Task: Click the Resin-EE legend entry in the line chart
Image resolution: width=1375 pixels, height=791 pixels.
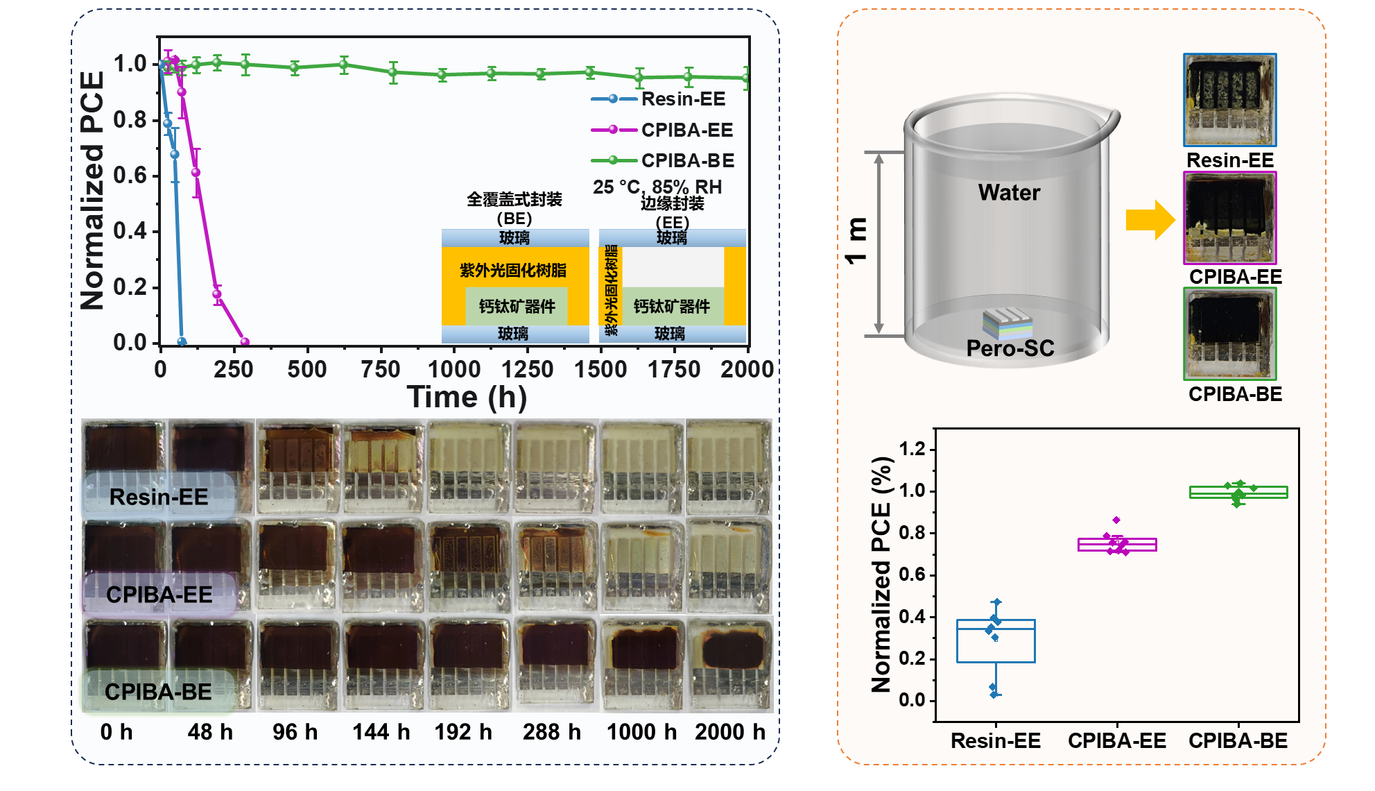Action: (682, 99)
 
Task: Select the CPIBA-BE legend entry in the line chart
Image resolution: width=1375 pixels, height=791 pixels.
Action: (686, 160)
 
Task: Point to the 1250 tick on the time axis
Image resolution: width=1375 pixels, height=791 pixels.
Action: (527, 368)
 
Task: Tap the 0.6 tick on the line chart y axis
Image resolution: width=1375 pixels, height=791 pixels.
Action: (130, 175)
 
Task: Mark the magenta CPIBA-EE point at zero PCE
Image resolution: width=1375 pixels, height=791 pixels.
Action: (244, 341)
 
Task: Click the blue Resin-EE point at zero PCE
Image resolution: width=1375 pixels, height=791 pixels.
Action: (182, 341)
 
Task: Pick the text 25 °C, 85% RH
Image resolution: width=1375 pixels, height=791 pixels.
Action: (657, 187)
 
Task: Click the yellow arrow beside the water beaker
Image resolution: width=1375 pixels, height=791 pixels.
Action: (1150, 220)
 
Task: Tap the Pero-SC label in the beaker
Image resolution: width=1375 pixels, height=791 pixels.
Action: (1010, 348)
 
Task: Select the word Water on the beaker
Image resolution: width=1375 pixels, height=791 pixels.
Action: (1009, 192)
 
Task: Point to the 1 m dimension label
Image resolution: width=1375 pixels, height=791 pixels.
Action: (857, 240)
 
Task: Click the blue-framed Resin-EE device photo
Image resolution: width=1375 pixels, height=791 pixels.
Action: (1229, 100)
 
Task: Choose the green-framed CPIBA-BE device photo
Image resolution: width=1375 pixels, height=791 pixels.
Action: (1229, 334)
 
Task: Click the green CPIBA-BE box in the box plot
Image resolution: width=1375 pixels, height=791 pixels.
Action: (1238, 492)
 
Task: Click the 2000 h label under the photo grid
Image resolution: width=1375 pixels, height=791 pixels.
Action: (729, 732)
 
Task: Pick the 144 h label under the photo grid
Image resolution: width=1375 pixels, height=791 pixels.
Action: (381, 732)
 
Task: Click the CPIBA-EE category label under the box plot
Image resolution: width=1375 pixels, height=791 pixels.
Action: (1116, 740)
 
